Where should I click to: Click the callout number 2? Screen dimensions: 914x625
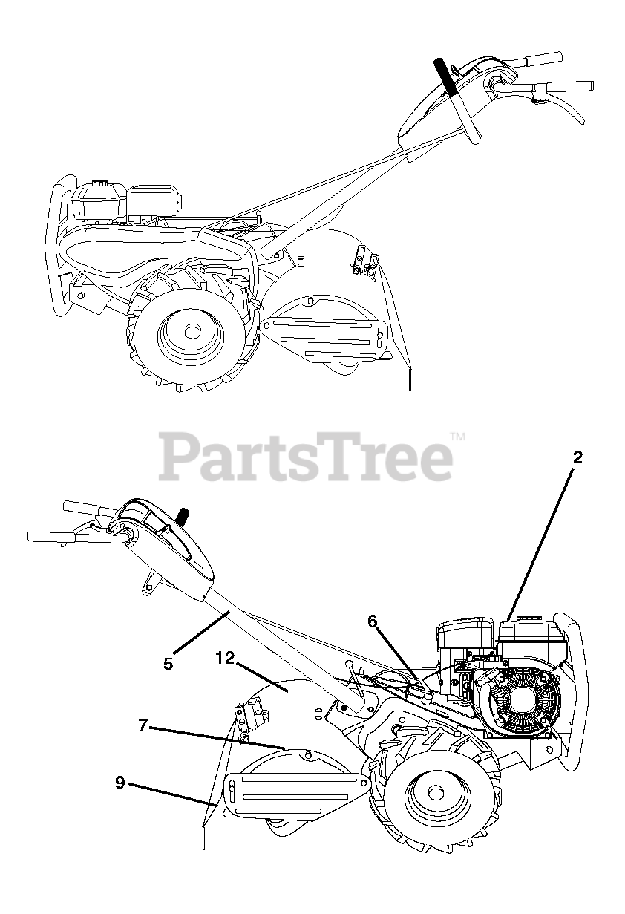point(577,457)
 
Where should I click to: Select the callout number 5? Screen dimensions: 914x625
point(168,663)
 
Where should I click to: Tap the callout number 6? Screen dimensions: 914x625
point(373,620)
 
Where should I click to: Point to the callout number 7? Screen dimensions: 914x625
point(143,726)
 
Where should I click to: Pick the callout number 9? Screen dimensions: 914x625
point(120,781)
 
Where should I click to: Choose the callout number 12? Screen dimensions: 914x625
point(226,658)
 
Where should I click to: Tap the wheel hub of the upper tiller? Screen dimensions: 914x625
point(192,331)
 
